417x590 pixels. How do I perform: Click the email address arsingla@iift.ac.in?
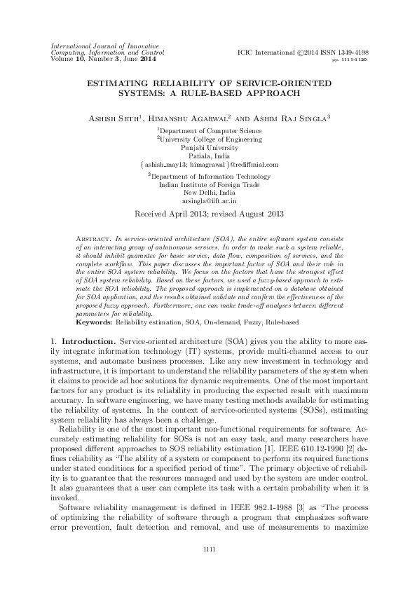209,200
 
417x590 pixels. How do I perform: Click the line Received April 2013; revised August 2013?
209,212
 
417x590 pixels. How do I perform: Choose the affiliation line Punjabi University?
209,148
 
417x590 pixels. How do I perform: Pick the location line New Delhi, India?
209,191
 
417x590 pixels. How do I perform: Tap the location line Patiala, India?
209,156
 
